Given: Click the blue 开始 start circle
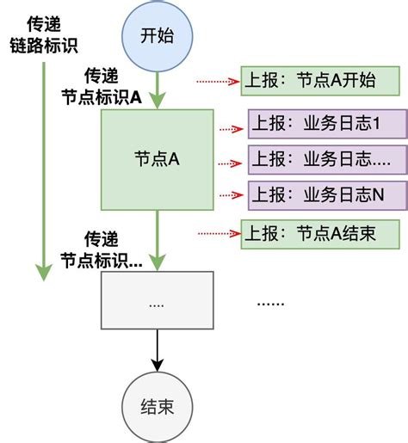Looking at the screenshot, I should point(157,36).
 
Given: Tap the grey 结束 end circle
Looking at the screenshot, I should point(157,407).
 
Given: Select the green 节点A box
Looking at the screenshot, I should point(157,159).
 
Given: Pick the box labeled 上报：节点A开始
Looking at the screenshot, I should point(320,82).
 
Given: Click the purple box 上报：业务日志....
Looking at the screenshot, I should point(327,160).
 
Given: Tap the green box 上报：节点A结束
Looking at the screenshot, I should point(320,232).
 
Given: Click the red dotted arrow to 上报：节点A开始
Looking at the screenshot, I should point(216,82).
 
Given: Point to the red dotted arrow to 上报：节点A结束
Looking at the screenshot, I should point(216,232).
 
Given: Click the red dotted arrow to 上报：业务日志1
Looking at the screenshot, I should point(231,128).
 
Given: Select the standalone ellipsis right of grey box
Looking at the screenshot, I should point(273,304).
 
